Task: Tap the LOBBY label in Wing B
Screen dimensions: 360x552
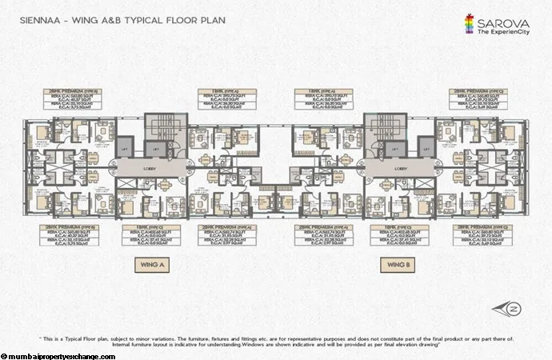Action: tap(400, 170)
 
